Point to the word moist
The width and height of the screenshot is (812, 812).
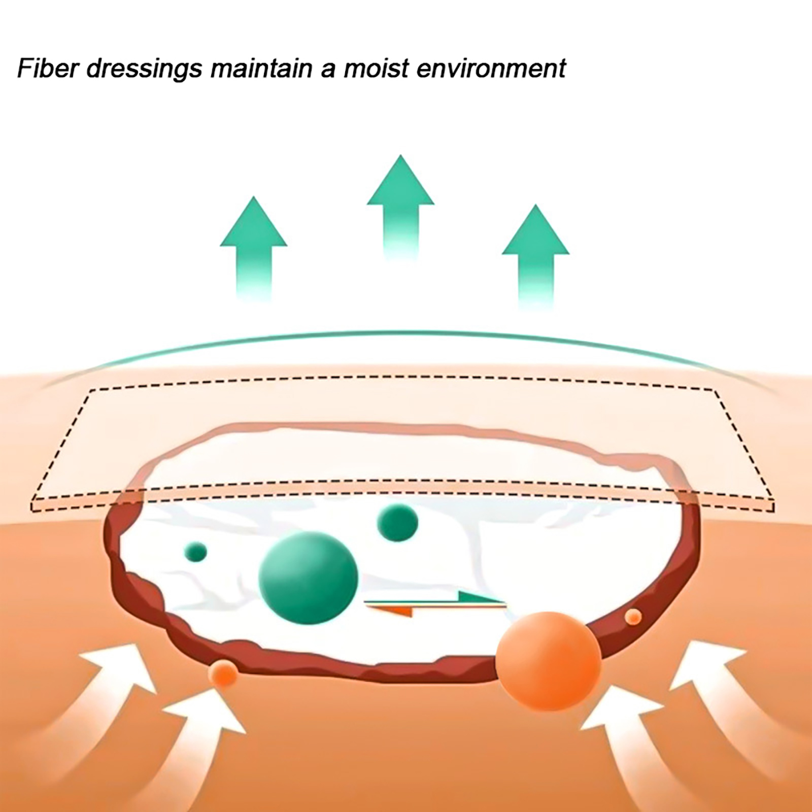click(376, 68)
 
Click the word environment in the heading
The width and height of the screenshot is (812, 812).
click(491, 69)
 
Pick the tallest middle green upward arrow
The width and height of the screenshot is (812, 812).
click(400, 208)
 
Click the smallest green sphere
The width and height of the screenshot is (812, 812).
click(196, 552)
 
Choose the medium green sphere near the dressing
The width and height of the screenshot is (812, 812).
click(398, 523)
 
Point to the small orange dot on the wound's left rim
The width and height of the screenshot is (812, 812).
click(223, 673)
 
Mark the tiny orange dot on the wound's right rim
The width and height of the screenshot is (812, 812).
click(633, 617)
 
